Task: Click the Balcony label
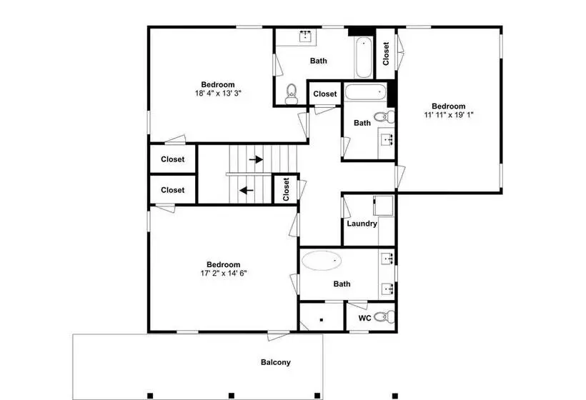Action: (275, 362)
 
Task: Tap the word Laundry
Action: (362, 224)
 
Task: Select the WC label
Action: (364, 318)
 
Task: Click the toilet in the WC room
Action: (384, 317)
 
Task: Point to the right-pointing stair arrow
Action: (256, 159)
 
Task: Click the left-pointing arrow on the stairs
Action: (247, 191)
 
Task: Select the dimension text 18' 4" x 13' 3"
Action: (218, 93)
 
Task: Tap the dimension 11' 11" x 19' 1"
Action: (449, 115)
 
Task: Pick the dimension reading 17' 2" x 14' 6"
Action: (224, 274)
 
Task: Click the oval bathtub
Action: (322, 260)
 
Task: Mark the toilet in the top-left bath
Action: (291, 94)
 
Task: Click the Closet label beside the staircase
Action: (287, 189)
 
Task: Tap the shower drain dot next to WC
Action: (322, 320)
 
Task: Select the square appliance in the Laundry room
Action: (383, 206)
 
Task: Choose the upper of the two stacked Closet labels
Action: (173, 159)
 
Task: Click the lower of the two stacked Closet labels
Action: (173, 190)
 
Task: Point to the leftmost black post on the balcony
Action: (150, 396)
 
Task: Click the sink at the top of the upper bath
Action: (306, 36)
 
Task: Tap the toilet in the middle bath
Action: (384, 116)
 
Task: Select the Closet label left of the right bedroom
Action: (386, 54)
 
